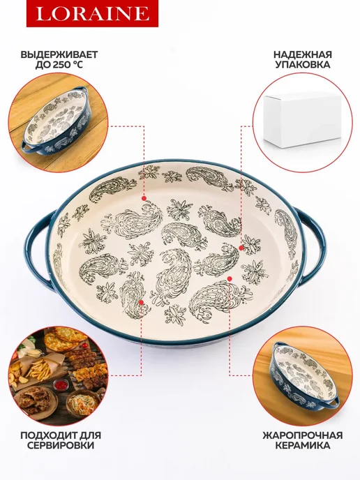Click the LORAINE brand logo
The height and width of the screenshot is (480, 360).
[92, 13]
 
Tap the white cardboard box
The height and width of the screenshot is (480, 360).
[303, 120]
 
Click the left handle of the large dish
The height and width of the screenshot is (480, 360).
[39, 248]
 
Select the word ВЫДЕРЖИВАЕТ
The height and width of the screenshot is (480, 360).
[59, 55]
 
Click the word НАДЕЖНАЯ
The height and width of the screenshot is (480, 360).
[303, 55]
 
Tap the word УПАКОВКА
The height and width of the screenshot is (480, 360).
[303, 65]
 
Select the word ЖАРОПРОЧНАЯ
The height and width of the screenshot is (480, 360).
[303, 435]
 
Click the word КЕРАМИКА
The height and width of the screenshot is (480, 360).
[303, 445]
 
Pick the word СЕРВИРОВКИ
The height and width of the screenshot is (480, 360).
[60, 445]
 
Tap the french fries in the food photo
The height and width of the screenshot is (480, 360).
[39, 368]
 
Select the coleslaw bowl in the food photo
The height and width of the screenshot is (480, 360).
[82, 403]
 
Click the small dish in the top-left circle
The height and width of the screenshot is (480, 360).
[57, 122]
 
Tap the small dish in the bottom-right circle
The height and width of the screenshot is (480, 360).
[305, 375]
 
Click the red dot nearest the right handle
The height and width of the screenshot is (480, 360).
[241, 248]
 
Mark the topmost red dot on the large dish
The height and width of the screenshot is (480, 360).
[144, 198]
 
